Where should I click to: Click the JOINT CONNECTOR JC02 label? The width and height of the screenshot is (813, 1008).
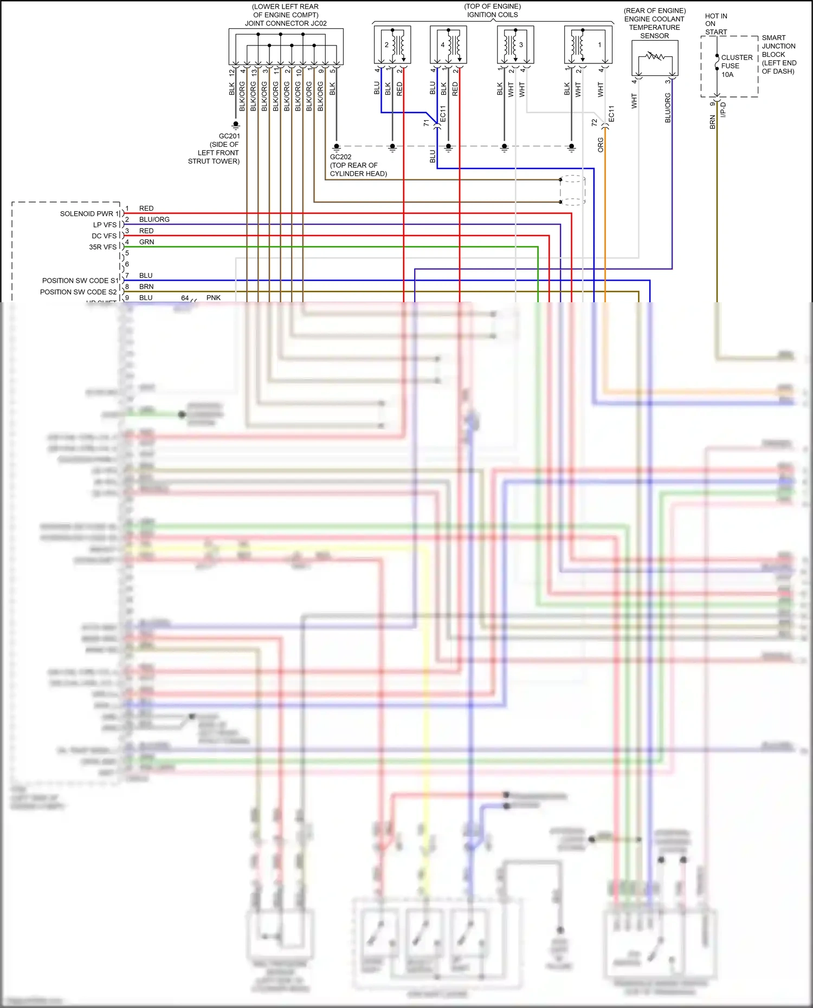coord(286,23)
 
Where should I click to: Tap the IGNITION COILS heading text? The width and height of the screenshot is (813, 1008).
coord(492,15)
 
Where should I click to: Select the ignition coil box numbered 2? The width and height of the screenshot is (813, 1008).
coord(392,45)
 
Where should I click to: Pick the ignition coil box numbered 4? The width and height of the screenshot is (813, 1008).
coord(448,45)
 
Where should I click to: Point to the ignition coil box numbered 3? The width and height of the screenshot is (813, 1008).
coord(515,45)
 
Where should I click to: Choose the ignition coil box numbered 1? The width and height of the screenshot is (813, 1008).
coord(588,45)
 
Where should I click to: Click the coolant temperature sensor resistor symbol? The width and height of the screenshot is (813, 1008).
coord(655,56)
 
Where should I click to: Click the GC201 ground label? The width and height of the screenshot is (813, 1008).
coord(229,136)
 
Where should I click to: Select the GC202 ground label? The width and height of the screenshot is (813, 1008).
coord(340,157)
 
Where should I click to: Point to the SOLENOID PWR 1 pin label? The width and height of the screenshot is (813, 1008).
coord(89,213)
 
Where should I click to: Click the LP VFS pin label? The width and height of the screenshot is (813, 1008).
coord(105,225)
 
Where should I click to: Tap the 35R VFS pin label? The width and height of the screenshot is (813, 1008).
coord(102,247)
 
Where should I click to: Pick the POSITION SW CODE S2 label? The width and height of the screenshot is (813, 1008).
coord(78,292)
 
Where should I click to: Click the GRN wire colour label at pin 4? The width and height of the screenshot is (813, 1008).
coord(146,242)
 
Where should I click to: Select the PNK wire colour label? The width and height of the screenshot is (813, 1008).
coord(214,298)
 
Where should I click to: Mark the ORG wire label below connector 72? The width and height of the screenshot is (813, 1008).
coord(601,145)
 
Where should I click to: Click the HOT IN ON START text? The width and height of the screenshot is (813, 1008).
coord(715,24)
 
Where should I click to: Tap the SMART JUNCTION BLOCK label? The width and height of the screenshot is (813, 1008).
coord(778,54)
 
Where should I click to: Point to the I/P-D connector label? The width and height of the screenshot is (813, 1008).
coord(723,110)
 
